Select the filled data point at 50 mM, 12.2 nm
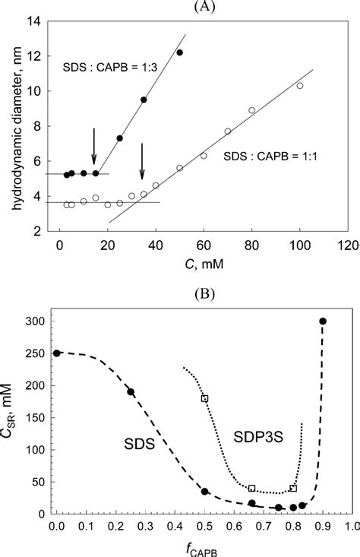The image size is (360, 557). pos(179,52)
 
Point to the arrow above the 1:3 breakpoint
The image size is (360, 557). pos(94,146)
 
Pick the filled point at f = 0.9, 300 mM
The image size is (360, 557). pos(323,321)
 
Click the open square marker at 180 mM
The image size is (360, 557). pos(204,398)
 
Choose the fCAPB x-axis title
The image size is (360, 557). pos(203,545)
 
